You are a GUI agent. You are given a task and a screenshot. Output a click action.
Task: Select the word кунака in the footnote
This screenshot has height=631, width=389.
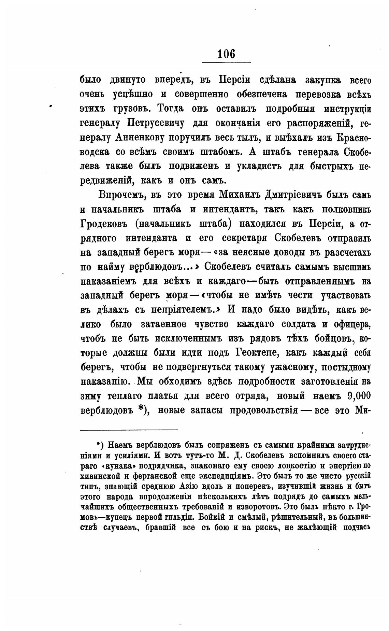coord(124,466)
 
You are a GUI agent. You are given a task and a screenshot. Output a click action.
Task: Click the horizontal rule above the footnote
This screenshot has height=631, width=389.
coord(129,430)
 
